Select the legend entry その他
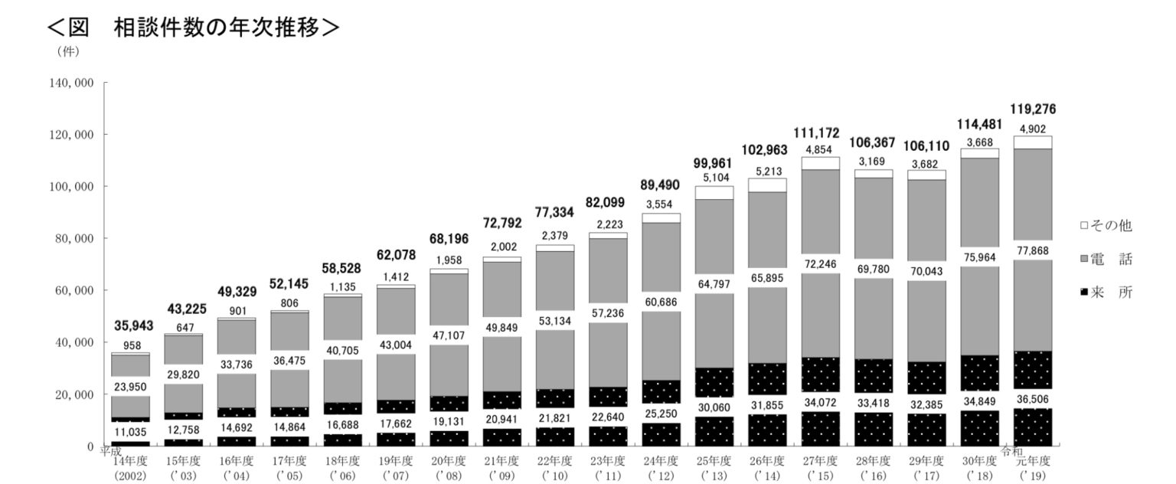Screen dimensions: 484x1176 [1106, 226]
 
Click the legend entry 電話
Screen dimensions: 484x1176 [1106, 260]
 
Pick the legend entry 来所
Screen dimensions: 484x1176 [1106, 293]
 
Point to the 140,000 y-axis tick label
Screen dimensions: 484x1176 [73, 83]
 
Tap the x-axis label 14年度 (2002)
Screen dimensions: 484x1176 [132, 468]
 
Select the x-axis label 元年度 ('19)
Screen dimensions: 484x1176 [1031, 468]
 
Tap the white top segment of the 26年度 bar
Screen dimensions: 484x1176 [768, 185]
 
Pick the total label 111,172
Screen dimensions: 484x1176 [821, 134]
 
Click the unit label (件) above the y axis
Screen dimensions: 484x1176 [67, 52]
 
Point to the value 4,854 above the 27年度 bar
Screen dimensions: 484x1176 [821, 149]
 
